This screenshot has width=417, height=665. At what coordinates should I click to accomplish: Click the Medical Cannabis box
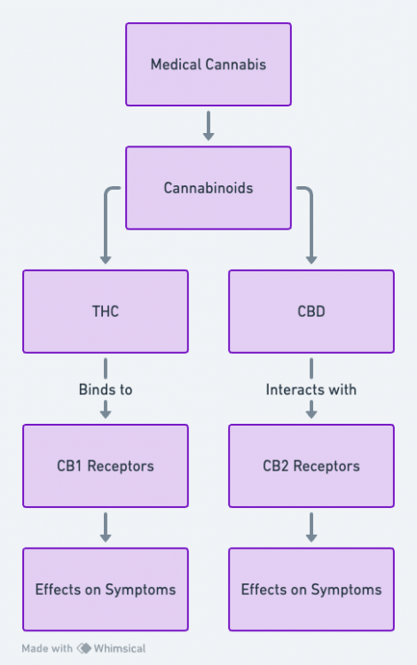(x=208, y=65)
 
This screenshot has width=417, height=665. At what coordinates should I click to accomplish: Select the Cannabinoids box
(x=208, y=188)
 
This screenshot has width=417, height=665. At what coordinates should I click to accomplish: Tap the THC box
(x=106, y=311)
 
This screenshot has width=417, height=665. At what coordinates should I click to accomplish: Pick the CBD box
(x=311, y=311)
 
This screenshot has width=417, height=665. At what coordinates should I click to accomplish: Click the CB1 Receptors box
(x=106, y=465)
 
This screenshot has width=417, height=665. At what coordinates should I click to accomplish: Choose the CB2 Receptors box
(x=311, y=465)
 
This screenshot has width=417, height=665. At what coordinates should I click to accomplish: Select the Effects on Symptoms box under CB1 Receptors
(x=106, y=589)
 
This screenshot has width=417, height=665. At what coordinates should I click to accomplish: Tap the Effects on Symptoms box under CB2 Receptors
(x=311, y=589)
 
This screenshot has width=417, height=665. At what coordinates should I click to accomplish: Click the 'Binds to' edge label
(x=106, y=389)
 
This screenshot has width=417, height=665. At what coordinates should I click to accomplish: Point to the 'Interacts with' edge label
(x=311, y=389)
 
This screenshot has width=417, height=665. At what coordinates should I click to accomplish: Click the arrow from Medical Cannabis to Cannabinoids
(x=208, y=126)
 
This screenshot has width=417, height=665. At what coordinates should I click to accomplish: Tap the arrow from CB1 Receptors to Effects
(x=106, y=528)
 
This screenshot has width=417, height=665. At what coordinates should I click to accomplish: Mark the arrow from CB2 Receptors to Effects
(x=311, y=528)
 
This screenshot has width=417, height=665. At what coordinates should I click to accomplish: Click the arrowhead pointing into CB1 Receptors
(x=106, y=413)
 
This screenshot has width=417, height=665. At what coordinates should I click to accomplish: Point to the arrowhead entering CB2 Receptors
(x=311, y=413)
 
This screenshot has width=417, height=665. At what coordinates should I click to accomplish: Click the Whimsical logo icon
(x=84, y=648)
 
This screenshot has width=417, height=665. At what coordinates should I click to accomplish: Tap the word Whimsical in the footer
(x=120, y=648)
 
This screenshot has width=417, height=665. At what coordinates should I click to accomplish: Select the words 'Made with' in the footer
(x=47, y=648)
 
